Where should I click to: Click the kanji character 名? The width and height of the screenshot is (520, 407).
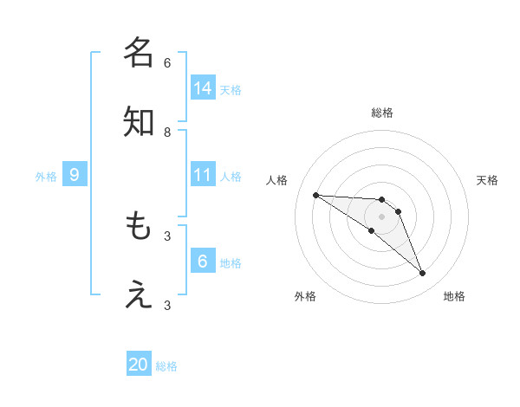139,52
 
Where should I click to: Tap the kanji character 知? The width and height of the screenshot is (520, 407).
139,122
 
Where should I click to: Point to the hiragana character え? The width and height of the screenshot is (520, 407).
139,295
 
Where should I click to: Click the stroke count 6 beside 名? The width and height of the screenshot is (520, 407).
167,62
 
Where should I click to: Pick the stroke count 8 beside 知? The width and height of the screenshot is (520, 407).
167,132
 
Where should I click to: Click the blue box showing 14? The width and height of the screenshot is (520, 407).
203,87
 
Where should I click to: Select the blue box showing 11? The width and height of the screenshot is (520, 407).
203,175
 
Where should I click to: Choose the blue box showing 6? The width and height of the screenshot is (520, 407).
203,262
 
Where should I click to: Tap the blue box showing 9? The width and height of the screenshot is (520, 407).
75,175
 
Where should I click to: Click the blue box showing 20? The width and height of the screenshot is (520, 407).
139,365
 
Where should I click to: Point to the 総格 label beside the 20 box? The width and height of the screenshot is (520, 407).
166,366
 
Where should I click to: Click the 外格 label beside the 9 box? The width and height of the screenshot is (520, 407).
46,177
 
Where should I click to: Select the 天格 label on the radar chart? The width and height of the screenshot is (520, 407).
488,180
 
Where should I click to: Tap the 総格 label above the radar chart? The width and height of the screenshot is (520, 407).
382,113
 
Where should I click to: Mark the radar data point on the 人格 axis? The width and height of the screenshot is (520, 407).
315,195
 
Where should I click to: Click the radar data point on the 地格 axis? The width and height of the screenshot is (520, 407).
422,274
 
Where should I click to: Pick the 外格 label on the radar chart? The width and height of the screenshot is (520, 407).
305,296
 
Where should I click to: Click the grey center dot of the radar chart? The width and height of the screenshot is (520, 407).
382,216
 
